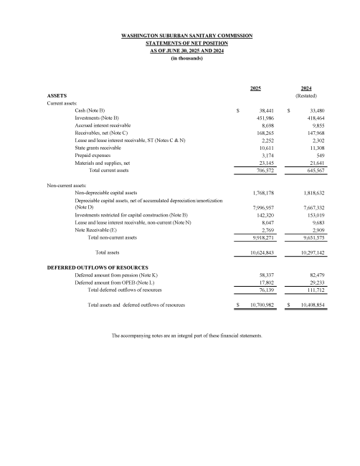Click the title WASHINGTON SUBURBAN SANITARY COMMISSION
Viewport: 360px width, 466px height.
coord(180,35)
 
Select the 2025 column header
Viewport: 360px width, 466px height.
coord(255,87)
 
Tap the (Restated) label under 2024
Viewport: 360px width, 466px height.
coord(306,95)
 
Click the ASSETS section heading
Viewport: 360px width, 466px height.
coord(57,95)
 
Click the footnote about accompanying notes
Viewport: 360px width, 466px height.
coord(186,335)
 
